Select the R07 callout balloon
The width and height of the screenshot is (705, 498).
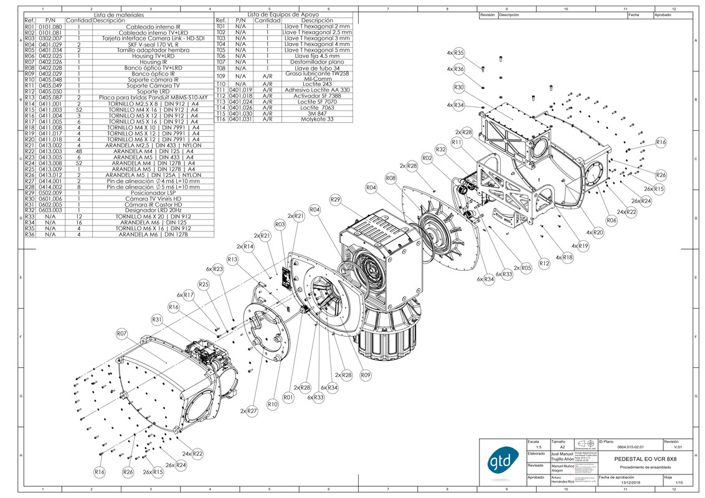point(123,334)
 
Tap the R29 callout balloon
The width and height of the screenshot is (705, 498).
point(335,199)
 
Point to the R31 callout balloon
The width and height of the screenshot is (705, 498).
point(157,319)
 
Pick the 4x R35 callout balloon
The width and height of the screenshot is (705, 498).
point(458,53)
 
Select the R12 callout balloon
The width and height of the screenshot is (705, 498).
point(544,264)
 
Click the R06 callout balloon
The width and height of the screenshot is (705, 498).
point(611,220)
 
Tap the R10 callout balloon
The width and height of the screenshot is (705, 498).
point(272,405)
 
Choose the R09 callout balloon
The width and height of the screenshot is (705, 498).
point(366,375)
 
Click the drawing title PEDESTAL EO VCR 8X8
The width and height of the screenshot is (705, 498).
point(645,459)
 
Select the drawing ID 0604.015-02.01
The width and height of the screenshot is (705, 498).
point(630,447)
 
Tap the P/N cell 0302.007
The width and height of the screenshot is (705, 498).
point(51,39)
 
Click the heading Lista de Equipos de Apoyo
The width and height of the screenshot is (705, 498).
point(283,14)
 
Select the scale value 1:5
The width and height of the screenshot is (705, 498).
point(538,447)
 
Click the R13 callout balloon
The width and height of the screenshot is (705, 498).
point(232,259)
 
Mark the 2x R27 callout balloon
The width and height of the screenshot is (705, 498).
point(252,411)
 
